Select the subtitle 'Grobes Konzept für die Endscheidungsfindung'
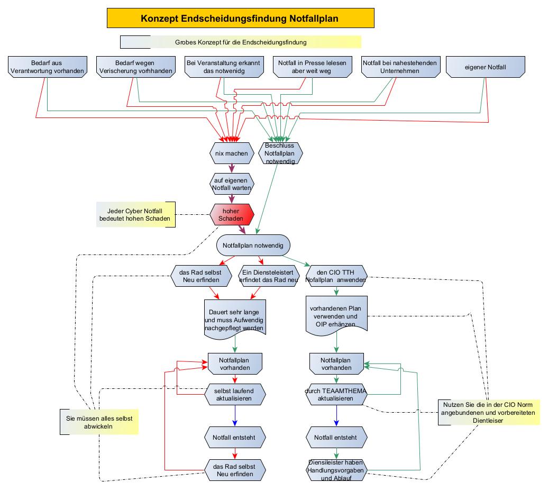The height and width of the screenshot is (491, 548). (241, 42)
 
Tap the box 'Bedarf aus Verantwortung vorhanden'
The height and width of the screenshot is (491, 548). (47, 67)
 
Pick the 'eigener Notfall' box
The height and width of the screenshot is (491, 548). (486, 67)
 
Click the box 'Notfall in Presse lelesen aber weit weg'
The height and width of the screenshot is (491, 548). (312, 67)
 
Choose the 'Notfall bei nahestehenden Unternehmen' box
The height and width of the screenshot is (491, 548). (400, 67)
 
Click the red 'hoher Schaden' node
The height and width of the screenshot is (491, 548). (232, 215)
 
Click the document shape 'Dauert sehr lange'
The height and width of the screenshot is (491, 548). (234, 317)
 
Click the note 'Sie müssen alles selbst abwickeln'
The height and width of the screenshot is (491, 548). (99, 422)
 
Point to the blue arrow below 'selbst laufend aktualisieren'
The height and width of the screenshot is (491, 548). (234, 416)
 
